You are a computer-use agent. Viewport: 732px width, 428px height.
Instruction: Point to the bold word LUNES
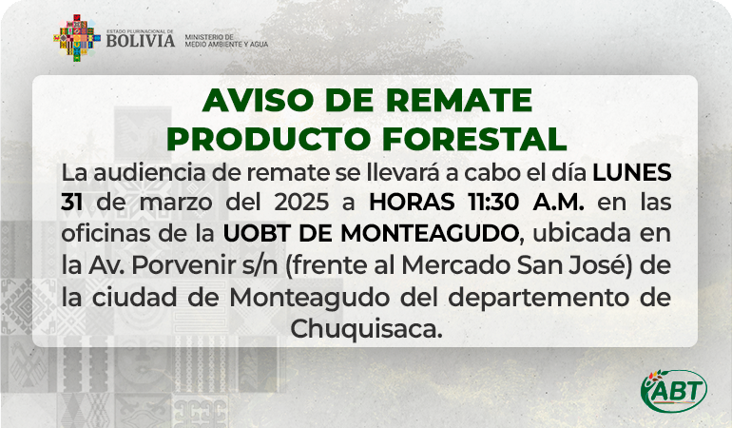(632, 173)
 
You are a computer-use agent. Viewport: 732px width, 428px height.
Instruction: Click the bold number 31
(72, 203)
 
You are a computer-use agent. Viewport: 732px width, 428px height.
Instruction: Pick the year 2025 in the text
(301, 203)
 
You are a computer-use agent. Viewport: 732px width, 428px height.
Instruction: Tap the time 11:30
(493, 203)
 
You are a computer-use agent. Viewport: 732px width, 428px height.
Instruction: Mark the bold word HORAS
(412, 203)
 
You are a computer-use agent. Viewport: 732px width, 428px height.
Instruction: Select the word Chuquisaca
(366, 329)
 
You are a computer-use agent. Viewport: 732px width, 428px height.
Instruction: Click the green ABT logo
(674, 391)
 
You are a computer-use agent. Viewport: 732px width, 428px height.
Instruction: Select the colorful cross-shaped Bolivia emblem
(77, 38)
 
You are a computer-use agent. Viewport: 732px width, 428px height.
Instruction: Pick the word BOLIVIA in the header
(141, 41)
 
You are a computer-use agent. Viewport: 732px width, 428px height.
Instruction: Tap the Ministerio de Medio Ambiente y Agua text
(226, 41)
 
